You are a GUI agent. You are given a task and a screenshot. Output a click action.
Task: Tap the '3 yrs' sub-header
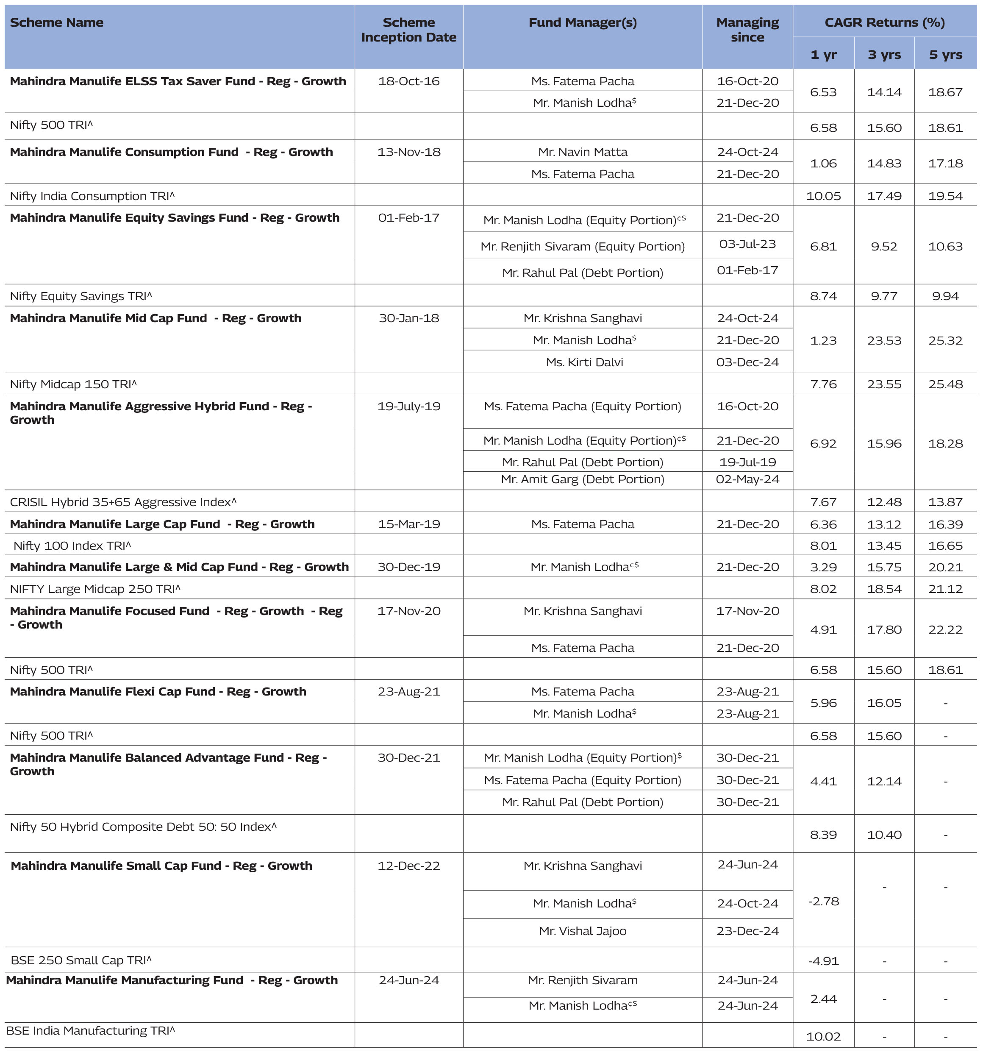pyautogui.click(x=884, y=55)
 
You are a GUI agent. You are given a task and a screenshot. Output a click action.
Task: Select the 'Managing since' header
pyautogui.click(x=747, y=30)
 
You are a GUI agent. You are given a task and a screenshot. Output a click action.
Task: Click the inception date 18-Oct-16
pyautogui.click(x=408, y=81)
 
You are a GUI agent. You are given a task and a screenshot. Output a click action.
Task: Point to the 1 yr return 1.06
pyautogui.click(x=823, y=164)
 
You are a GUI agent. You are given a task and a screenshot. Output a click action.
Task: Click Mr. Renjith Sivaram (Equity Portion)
pyautogui.click(x=583, y=247)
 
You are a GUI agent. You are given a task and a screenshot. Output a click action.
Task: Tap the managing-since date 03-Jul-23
pyautogui.click(x=747, y=245)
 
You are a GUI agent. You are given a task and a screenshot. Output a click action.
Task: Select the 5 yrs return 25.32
pyautogui.click(x=945, y=341)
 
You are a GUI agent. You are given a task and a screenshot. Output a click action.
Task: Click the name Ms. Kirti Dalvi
pyautogui.click(x=584, y=362)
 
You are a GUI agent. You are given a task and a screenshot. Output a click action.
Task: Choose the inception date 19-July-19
pyautogui.click(x=408, y=407)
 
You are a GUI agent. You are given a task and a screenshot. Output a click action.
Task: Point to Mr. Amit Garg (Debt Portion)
pyautogui.click(x=583, y=479)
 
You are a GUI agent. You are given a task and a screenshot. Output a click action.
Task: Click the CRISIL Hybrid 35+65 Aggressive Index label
pyautogui.click(x=123, y=502)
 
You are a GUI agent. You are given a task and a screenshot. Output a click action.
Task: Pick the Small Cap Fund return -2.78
pyautogui.click(x=823, y=901)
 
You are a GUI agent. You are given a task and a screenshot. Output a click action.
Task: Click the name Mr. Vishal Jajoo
pyautogui.click(x=583, y=931)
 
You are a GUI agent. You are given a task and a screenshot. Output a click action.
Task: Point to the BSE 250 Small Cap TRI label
pyautogui.click(x=81, y=960)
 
